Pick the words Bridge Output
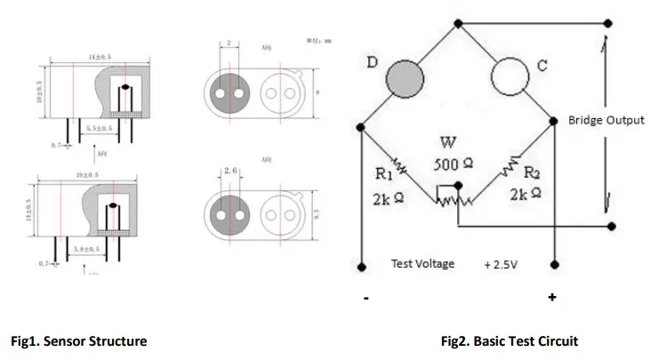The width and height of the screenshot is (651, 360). [606, 119]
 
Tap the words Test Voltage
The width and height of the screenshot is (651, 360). [422, 264]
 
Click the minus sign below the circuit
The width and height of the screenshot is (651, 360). [366, 298]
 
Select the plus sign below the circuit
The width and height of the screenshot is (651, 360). [551, 297]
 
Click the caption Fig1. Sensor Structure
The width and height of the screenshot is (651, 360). [78, 340]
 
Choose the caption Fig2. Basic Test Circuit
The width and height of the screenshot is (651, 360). [508, 340]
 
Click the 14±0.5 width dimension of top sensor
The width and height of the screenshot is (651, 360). [99, 58]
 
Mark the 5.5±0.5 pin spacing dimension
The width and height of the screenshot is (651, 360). [98, 129]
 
